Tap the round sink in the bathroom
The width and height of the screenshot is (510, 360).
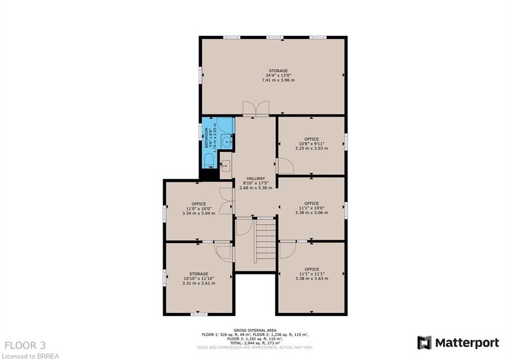[x=227, y=141]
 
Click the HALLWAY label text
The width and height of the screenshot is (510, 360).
[x=255, y=179]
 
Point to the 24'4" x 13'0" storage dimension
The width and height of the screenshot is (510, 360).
[x=278, y=76]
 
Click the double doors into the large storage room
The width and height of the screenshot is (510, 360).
[x=256, y=108]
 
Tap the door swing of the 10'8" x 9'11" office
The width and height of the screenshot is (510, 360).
[x=285, y=166]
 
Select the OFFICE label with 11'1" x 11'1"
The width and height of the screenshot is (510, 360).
[x=312, y=269]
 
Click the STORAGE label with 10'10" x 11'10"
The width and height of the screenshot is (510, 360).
[x=199, y=274]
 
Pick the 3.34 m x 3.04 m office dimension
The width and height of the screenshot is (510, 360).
[x=199, y=213]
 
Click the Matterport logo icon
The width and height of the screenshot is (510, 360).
[x=424, y=343]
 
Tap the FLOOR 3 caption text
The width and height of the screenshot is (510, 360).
[x=25, y=346]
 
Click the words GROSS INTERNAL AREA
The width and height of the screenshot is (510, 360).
[x=255, y=331]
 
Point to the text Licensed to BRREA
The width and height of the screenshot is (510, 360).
[x=29, y=356]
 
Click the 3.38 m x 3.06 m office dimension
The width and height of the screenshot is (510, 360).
[x=312, y=213]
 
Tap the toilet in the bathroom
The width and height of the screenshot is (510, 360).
[x=209, y=160]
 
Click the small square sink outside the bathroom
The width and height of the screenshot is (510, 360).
[x=226, y=166]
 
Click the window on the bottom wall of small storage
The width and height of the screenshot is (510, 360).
[x=199, y=314]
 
